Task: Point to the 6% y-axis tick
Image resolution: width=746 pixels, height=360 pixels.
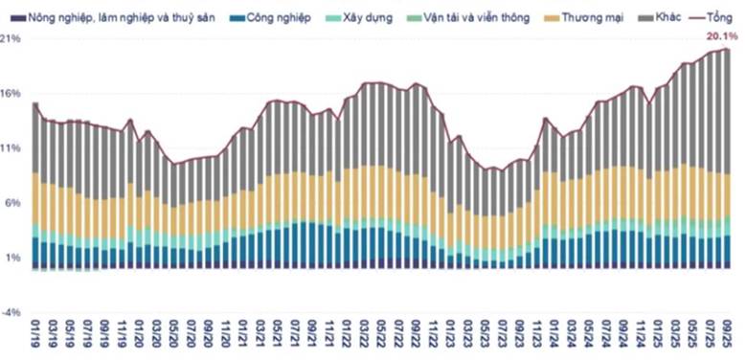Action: click(12, 203)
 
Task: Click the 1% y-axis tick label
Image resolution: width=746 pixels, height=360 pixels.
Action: click(12, 258)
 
